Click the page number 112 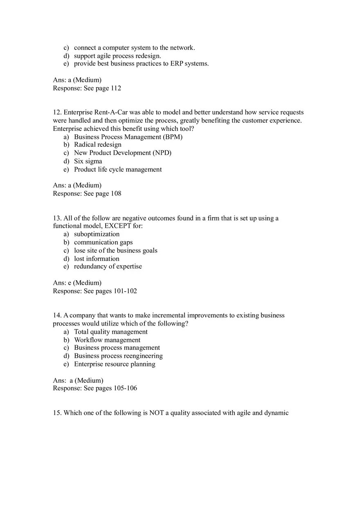point(116,88)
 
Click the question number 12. point(57,112)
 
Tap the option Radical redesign point(98,144)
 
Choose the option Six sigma point(88,161)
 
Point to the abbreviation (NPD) point(162,153)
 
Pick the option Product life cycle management point(118,169)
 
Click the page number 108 point(116,193)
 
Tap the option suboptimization point(97,234)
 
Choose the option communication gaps point(103,242)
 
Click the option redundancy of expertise point(108,266)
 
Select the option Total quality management point(111,332)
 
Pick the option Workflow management point(107,340)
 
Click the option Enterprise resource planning point(115,364)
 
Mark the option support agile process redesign point(117,56)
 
